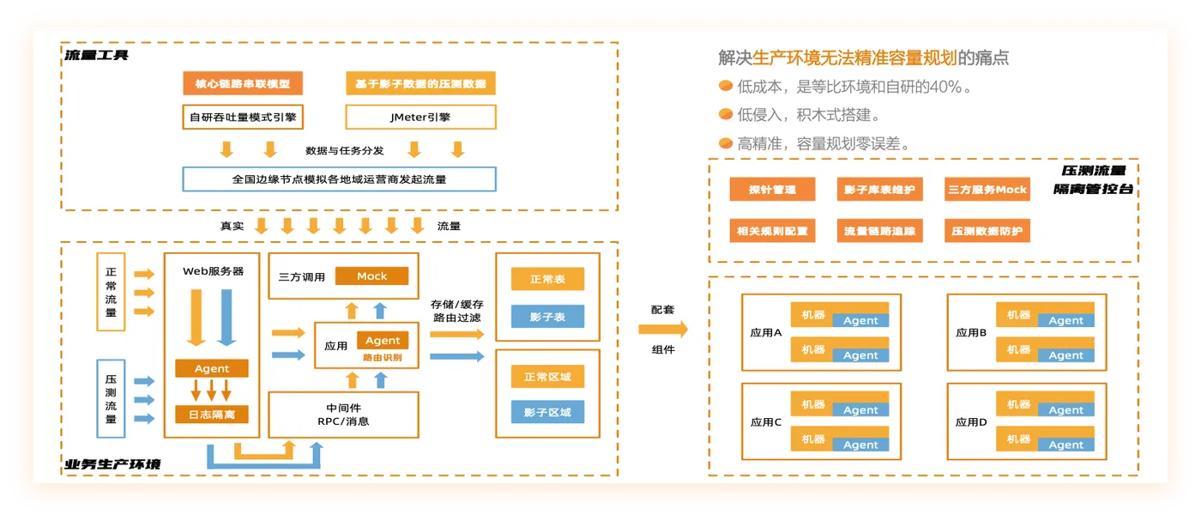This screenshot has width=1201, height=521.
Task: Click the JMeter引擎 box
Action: tap(420, 117)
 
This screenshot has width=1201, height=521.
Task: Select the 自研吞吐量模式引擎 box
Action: tap(244, 117)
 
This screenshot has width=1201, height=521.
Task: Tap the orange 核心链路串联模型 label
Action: tap(243, 84)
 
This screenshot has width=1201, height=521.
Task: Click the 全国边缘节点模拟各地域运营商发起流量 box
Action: tap(339, 179)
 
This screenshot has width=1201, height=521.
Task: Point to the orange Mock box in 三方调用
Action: tap(371, 276)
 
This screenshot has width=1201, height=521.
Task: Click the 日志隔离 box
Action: tap(211, 415)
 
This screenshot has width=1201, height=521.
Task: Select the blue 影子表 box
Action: tap(546, 317)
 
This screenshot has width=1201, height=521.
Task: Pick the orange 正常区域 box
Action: tap(546, 377)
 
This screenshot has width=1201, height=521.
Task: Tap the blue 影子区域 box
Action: tap(546, 412)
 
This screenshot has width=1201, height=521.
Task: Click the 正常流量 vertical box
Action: tap(111, 292)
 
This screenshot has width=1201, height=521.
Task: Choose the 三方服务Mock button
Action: tap(987, 190)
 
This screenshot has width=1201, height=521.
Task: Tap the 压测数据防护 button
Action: tap(987, 231)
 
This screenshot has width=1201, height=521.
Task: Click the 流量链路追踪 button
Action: tap(879, 231)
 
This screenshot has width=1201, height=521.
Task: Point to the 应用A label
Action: tap(766, 333)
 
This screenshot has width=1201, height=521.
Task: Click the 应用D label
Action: tap(971, 422)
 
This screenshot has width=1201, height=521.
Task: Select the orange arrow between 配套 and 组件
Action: tap(663, 329)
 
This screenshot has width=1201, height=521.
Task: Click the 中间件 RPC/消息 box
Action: tap(342, 415)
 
